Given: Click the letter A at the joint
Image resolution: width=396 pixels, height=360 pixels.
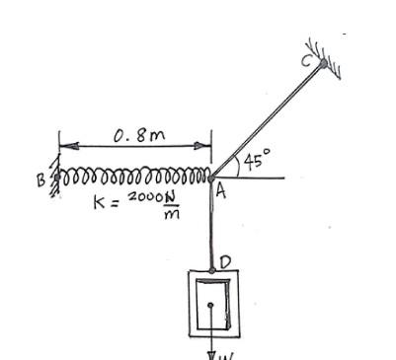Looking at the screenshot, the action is tap(221, 194).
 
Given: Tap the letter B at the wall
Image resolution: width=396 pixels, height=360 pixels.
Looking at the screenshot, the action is tap(40, 181).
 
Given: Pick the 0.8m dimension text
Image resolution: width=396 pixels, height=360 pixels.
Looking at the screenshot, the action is tap(133, 136).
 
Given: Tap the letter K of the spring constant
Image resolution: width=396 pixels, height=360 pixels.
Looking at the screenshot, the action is tap(97, 202).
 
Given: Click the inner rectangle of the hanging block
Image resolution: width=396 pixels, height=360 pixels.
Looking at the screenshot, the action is tap(212, 308).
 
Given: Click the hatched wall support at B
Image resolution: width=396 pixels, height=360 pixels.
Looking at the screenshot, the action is tap(52, 179).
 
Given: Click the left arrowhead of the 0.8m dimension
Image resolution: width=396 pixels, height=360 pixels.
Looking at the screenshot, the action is tap(63, 148).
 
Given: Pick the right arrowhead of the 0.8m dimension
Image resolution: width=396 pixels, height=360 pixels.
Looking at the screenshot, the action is tap(206, 148).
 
